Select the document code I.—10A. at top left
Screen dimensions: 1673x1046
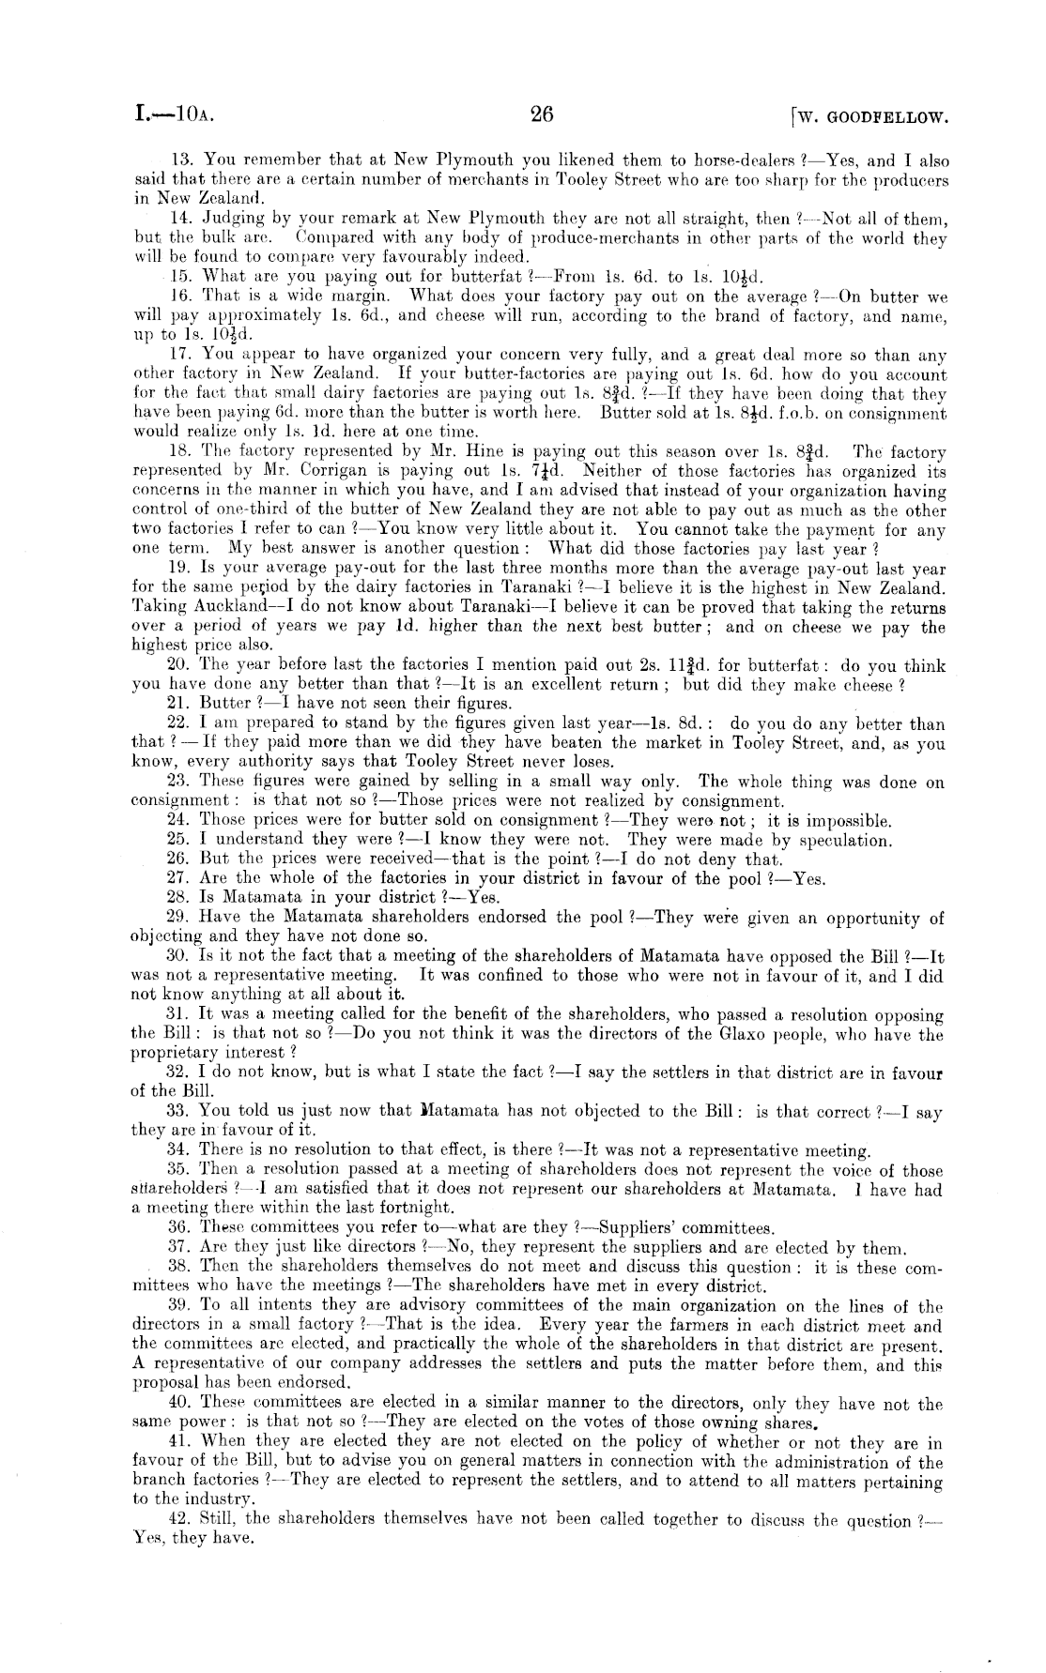pyautogui.click(x=176, y=115)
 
